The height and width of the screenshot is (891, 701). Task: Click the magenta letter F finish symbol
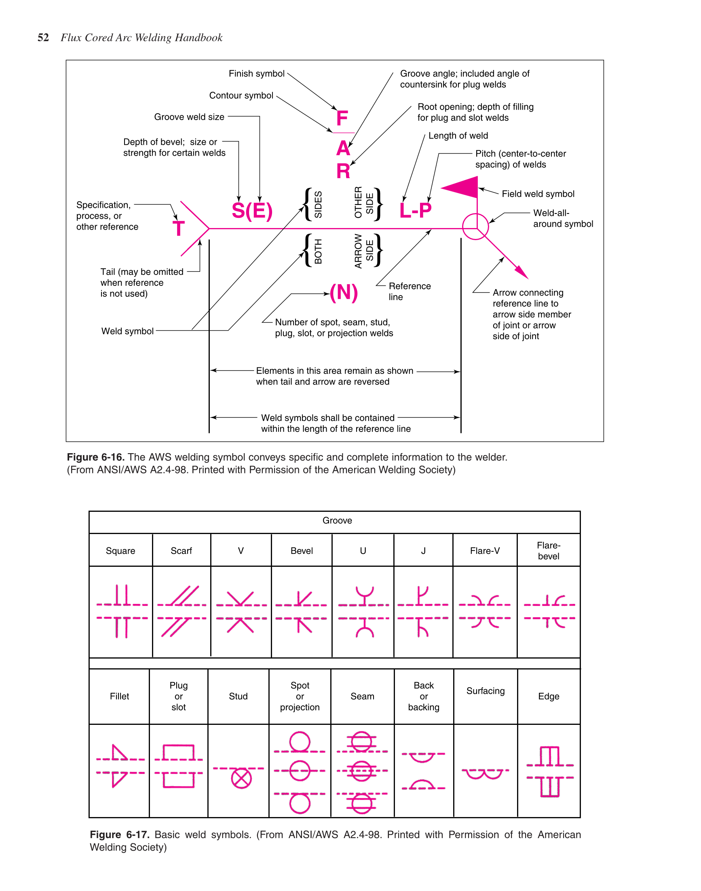tap(342, 118)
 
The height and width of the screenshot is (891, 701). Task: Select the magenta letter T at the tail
tap(179, 229)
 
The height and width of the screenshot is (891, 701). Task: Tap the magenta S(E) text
tap(252, 211)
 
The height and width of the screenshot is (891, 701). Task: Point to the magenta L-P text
tap(415, 211)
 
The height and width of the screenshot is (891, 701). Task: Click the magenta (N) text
tap(344, 293)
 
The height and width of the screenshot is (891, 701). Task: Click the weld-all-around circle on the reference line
tap(475, 226)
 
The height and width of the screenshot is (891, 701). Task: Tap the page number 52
tap(43, 38)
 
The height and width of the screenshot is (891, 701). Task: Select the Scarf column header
tap(181, 551)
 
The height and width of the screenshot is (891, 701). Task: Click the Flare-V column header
tap(485, 551)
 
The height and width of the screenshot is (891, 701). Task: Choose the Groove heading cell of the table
tap(337, 520)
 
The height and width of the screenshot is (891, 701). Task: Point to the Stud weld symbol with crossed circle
tap(241, 779)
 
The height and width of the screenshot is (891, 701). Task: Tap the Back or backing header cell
tap(424, 697)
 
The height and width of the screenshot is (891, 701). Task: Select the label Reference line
tap(409, 291)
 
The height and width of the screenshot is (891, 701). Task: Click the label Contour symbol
tap(241, 96)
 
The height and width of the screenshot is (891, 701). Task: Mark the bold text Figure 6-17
tap(119, 835)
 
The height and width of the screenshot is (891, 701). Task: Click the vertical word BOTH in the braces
tap(318, 251)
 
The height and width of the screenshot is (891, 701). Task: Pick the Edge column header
tap(548, 697)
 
